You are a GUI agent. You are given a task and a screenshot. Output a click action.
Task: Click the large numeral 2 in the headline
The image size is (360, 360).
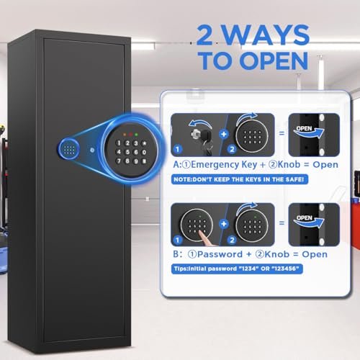coord(204,35)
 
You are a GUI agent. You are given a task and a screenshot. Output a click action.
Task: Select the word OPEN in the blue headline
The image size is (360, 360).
coord(274,60)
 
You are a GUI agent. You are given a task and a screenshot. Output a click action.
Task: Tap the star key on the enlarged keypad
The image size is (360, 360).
coord(144,143)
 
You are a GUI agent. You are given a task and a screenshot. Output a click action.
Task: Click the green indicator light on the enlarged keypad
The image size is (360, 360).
coord(136,135)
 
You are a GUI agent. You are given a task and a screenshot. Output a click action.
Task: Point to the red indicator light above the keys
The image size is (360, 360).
coord(130,135)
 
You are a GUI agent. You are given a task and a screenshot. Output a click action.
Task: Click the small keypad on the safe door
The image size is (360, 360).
coord(69,149)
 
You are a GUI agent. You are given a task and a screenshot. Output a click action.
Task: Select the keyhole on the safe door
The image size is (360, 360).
coord(92,150)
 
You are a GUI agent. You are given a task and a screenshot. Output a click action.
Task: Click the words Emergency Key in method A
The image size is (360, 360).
coord(224,165)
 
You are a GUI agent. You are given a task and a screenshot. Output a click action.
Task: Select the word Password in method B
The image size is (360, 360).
coord(220,254)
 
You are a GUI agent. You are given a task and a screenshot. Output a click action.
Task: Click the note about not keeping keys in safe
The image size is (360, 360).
coord(240,179)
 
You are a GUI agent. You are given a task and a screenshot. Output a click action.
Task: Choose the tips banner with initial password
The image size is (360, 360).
coord(237,269)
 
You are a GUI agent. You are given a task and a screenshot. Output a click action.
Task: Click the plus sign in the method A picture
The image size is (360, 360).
coord(224,134)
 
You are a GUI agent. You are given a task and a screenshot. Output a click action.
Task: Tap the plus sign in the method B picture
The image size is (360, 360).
coord(224,224)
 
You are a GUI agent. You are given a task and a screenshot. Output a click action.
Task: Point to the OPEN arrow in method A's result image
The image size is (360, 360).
coord(309,132)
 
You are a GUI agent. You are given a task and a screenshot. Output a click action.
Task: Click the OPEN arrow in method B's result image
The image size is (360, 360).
coord(309,221)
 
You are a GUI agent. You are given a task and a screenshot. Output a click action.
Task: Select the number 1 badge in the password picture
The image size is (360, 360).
coord(178,240)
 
